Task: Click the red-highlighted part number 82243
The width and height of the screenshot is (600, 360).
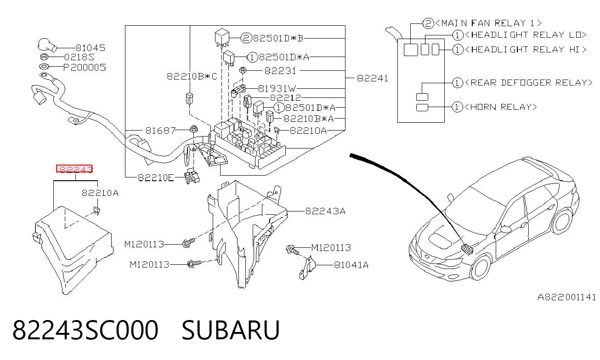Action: pos(74,169)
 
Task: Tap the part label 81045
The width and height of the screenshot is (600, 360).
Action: pos(91,48)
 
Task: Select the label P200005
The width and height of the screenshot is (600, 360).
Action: pos(85,67)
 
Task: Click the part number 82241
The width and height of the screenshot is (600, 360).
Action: pos(373,78)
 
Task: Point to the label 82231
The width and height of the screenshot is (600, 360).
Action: pos(280,71)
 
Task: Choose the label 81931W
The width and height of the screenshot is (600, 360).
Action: pos(277,88)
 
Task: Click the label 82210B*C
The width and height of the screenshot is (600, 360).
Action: pos(192,76)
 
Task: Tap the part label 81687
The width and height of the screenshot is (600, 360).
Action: pos(160,131)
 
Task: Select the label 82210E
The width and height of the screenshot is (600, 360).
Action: pos(156,177)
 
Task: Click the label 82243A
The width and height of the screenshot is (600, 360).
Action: pos(325,211)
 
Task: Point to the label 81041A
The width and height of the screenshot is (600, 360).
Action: pos(351,265)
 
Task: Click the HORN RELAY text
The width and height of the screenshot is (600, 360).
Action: pos(501,107)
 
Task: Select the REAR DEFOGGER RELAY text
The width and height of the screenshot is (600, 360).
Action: pos(529,83)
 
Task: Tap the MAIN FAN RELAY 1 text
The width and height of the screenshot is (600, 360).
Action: pos(489,23)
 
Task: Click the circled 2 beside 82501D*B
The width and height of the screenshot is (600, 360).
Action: pos(246,38)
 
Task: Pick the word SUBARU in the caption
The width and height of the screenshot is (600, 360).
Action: pos(231,330)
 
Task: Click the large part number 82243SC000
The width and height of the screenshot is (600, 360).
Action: pos(85,330)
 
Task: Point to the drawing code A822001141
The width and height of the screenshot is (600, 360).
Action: pos(566,297)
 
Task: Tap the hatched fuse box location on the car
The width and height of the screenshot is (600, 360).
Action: pos(467,249)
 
